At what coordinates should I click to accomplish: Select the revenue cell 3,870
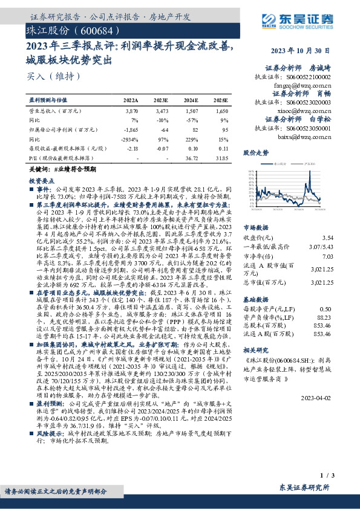pyautogui.click(x=131, y=112)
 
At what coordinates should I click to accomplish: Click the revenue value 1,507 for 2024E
pyautogui.click(x=192, y=112)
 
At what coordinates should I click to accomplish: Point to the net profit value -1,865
pyautogui.click(x=131, y=129)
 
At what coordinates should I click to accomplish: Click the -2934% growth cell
pyautogui.click(x=131, y=139)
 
